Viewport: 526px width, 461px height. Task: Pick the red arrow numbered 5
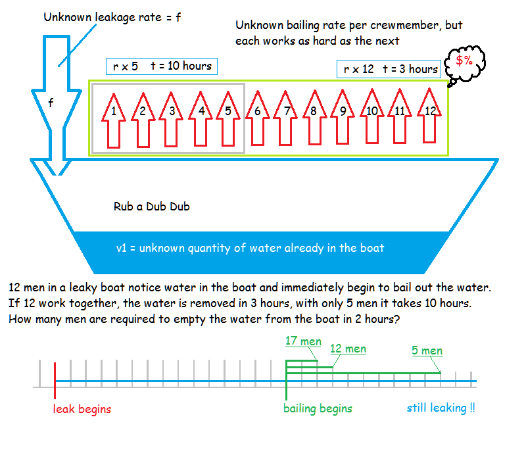(228, 118)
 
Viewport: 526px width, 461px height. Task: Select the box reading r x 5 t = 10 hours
(161, 66)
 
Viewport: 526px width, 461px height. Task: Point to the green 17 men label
(303, 341)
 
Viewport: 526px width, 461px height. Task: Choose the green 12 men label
(348, 349)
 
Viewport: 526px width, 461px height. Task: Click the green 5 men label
(427, 351)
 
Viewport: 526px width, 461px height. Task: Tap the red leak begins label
(82, 409)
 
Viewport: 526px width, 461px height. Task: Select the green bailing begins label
(318, 408)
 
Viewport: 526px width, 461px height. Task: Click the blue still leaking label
(441, 408)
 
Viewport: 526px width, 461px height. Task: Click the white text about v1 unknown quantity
(250, 248)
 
